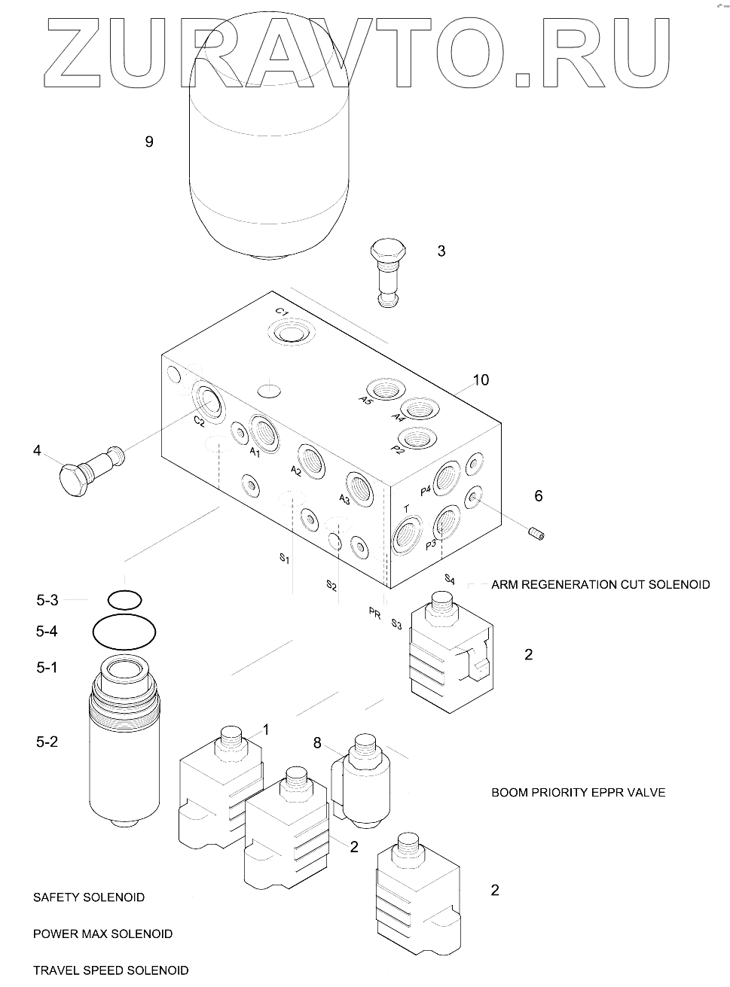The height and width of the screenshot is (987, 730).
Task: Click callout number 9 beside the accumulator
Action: click(x=149, y=142)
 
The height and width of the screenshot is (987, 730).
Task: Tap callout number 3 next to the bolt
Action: click(x=441, y=251)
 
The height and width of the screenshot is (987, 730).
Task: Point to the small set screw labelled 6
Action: click(x=536, y=535)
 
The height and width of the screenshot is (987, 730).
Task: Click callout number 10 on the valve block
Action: click(x=481, y=380)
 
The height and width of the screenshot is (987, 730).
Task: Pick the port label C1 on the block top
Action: click(x=282, y=313)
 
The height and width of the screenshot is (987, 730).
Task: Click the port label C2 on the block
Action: click(x=198, y=422)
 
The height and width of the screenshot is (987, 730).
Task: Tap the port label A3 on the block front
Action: click(x=344, y=499)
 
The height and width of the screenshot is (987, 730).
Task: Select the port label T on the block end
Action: click(x=407, y=510)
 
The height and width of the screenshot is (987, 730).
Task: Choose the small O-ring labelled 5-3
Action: click(x=124, y=600)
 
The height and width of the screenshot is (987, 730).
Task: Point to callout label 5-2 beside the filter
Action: click(x=47, y=742)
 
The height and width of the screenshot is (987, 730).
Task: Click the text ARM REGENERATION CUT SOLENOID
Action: click(x=600, y=584)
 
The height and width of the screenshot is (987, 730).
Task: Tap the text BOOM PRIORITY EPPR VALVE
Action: click(x=578, y=793)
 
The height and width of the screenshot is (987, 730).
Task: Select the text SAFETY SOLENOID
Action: click(x=89, y=897)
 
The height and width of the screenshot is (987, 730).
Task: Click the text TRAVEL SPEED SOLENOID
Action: click(x=111, y=970)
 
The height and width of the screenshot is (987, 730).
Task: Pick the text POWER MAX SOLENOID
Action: click(x=103, y=934)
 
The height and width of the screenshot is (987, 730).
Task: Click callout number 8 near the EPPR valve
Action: click(x=317, y=744)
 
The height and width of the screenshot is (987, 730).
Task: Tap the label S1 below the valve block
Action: click(x=284, y=559)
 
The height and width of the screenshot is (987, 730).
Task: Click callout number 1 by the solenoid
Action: click(x=265, y=729)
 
